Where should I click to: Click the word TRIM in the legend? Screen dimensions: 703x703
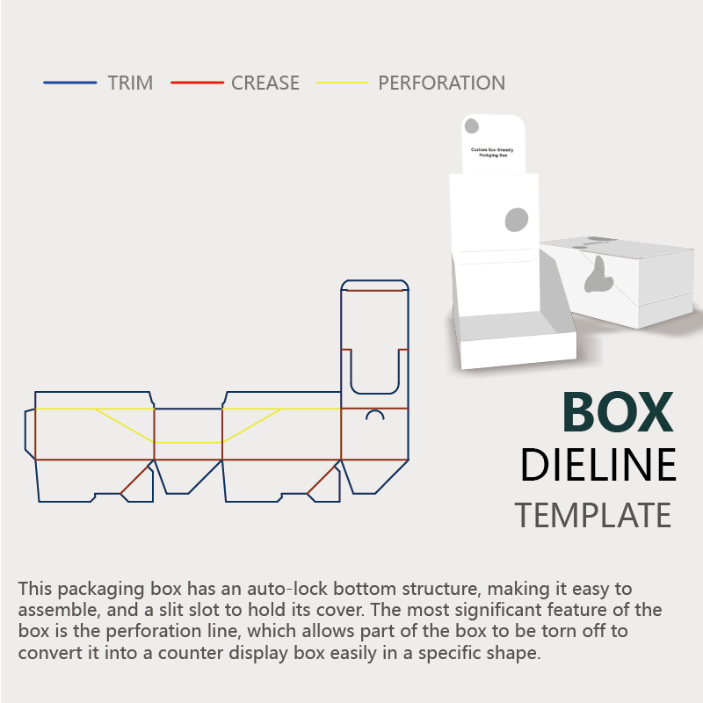click(130, 83)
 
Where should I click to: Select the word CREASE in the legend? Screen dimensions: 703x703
click(265, 83)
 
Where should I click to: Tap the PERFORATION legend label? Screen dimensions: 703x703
click(441, 83)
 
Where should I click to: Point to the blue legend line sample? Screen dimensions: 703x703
click(70, 83)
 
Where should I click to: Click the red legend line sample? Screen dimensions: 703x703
click(197, 83)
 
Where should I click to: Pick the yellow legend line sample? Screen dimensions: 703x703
click(341, 83)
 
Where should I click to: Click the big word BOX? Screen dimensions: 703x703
click(618, 411)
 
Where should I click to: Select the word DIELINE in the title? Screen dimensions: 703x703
click(598, 465)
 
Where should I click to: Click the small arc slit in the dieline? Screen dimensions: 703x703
click(375, 414)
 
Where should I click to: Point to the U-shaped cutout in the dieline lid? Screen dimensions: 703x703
click(374, 373)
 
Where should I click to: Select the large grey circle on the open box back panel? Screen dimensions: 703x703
click(517, 219)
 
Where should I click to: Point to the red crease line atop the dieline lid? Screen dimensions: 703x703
click(374, 289)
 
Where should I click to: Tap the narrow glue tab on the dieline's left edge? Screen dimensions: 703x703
click(30, 432)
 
